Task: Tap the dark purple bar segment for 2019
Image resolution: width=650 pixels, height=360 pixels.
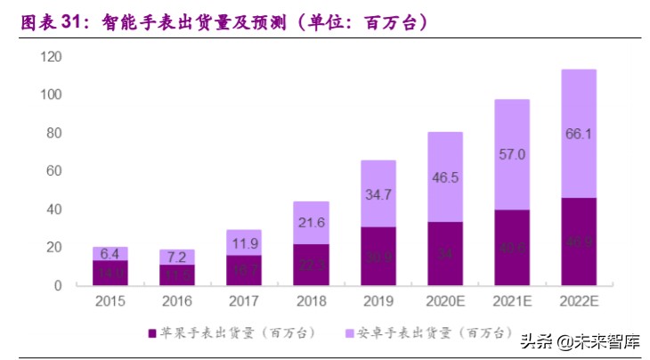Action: point(378,256)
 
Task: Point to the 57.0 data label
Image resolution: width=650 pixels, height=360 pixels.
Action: point(511,154)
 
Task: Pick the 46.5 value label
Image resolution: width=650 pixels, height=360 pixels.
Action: point(444,177)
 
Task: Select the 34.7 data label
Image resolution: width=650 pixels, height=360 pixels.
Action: point(378,193)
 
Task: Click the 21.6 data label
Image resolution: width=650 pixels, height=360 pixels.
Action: point(311,221)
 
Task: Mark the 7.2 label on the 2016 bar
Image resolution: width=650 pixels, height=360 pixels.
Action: point(177,257)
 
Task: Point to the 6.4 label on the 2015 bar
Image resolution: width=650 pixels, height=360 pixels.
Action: point(110,253)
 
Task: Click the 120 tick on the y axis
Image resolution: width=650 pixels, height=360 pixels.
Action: point(51,57)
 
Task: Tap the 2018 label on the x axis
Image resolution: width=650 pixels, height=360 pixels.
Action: point(311,301)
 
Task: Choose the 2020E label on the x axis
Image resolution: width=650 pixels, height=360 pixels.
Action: point(444,301)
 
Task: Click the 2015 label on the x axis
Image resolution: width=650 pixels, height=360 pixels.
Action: point(110,301)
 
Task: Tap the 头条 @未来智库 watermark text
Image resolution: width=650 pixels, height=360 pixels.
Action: point(582,340)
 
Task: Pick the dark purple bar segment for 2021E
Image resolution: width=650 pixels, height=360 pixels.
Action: point(511,248)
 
